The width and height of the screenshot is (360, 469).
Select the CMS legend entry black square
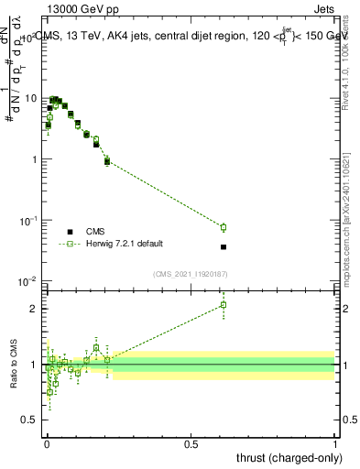point(70,232)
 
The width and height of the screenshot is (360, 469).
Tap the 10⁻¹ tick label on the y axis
point(28,220)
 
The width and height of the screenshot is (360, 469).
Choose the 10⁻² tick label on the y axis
point(28,281)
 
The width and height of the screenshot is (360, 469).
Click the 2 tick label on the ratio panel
point(35,309)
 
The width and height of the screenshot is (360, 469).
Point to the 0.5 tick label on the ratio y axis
point(30,420)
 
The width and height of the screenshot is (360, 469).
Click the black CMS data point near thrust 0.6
point(224,246)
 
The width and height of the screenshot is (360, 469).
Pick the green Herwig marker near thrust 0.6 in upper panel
point(224,227)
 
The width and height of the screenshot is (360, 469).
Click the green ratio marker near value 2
point(224,305)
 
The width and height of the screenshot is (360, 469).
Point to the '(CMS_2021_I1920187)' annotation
point(191,274)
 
